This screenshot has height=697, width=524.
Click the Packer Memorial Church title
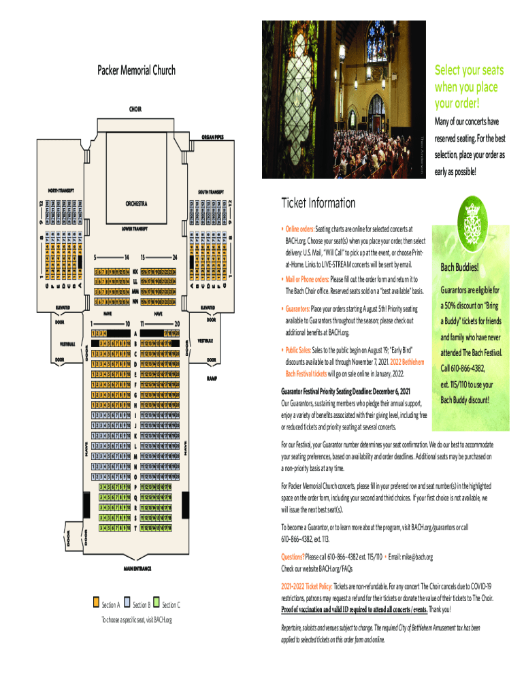click(136, 70)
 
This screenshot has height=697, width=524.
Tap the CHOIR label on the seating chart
click(135, 108)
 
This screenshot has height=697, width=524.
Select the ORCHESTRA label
click(136, 203)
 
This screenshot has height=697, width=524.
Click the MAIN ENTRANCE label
click(136, 567)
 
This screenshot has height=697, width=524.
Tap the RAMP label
click(212, 378)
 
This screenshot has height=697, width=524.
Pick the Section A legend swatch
click(95, 603)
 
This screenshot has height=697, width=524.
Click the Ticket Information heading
click(318, 204)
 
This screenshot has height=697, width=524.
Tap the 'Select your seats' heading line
click(468, 71)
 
